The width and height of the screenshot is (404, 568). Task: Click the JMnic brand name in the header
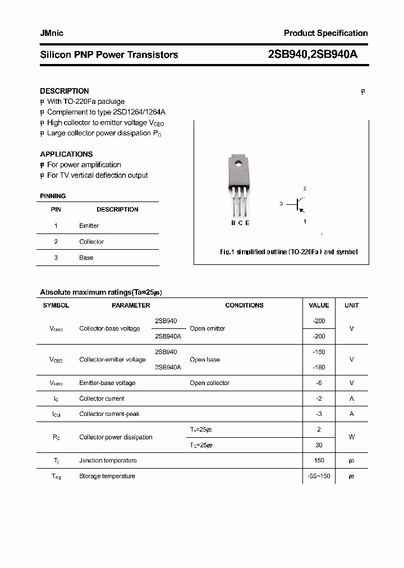click(x=52, y=33)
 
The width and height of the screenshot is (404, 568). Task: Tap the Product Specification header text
click(x=325, y=33)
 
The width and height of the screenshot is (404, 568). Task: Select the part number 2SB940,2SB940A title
click(x=313, y=54)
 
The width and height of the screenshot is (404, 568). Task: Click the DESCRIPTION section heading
click(x=65, y=91)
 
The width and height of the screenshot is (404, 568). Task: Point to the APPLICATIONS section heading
click(x=66, y=154)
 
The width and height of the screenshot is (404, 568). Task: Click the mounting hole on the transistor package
click(x=238, y=164)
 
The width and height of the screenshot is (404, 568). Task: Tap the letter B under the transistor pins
click(x=233, y=223)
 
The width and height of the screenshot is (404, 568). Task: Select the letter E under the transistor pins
click(x=247, y=223)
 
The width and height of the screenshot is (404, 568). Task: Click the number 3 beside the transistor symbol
click(x=281, y=204)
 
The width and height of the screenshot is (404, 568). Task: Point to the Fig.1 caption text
click(x=288, y=252)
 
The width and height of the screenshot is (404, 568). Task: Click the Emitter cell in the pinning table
click(x=89, y=226)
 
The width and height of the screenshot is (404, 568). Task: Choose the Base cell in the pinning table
click(x=86, y=258)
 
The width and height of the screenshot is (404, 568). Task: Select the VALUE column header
click(x=319, y=305)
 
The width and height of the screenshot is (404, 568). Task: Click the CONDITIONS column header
click(x=244, y=305)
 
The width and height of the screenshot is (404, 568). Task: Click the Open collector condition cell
click(x=209, y=383)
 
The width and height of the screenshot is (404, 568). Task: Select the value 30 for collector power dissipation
click(x=319, y=445)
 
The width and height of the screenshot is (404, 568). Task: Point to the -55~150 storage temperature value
click(x=319, y=476)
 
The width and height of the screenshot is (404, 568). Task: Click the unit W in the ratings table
click(x=352, y=437)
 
